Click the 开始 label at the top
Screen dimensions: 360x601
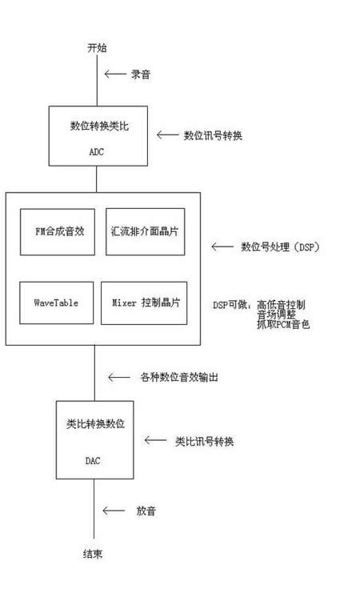[97, 48]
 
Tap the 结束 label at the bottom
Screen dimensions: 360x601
[93, 554]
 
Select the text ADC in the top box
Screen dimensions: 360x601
[97, 152]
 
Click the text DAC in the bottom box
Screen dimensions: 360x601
[93, 461]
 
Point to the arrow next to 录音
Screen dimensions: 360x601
[115, 74]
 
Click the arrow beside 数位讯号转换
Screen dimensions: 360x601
[168, 135]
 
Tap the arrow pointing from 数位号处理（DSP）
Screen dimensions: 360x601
[222, 246]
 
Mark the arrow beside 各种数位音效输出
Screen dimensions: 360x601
[119, 378]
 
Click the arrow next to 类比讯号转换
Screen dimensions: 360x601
[155, 441]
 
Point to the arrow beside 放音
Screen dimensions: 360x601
[114, 511]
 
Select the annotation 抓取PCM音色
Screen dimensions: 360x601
[283, 325]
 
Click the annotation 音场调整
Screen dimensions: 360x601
[276, 315]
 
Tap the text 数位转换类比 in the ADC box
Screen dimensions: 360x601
[99, 126]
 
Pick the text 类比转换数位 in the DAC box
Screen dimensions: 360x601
[96, 423]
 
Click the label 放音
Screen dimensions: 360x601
[146, 511]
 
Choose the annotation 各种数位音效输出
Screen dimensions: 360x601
[179, 378]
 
